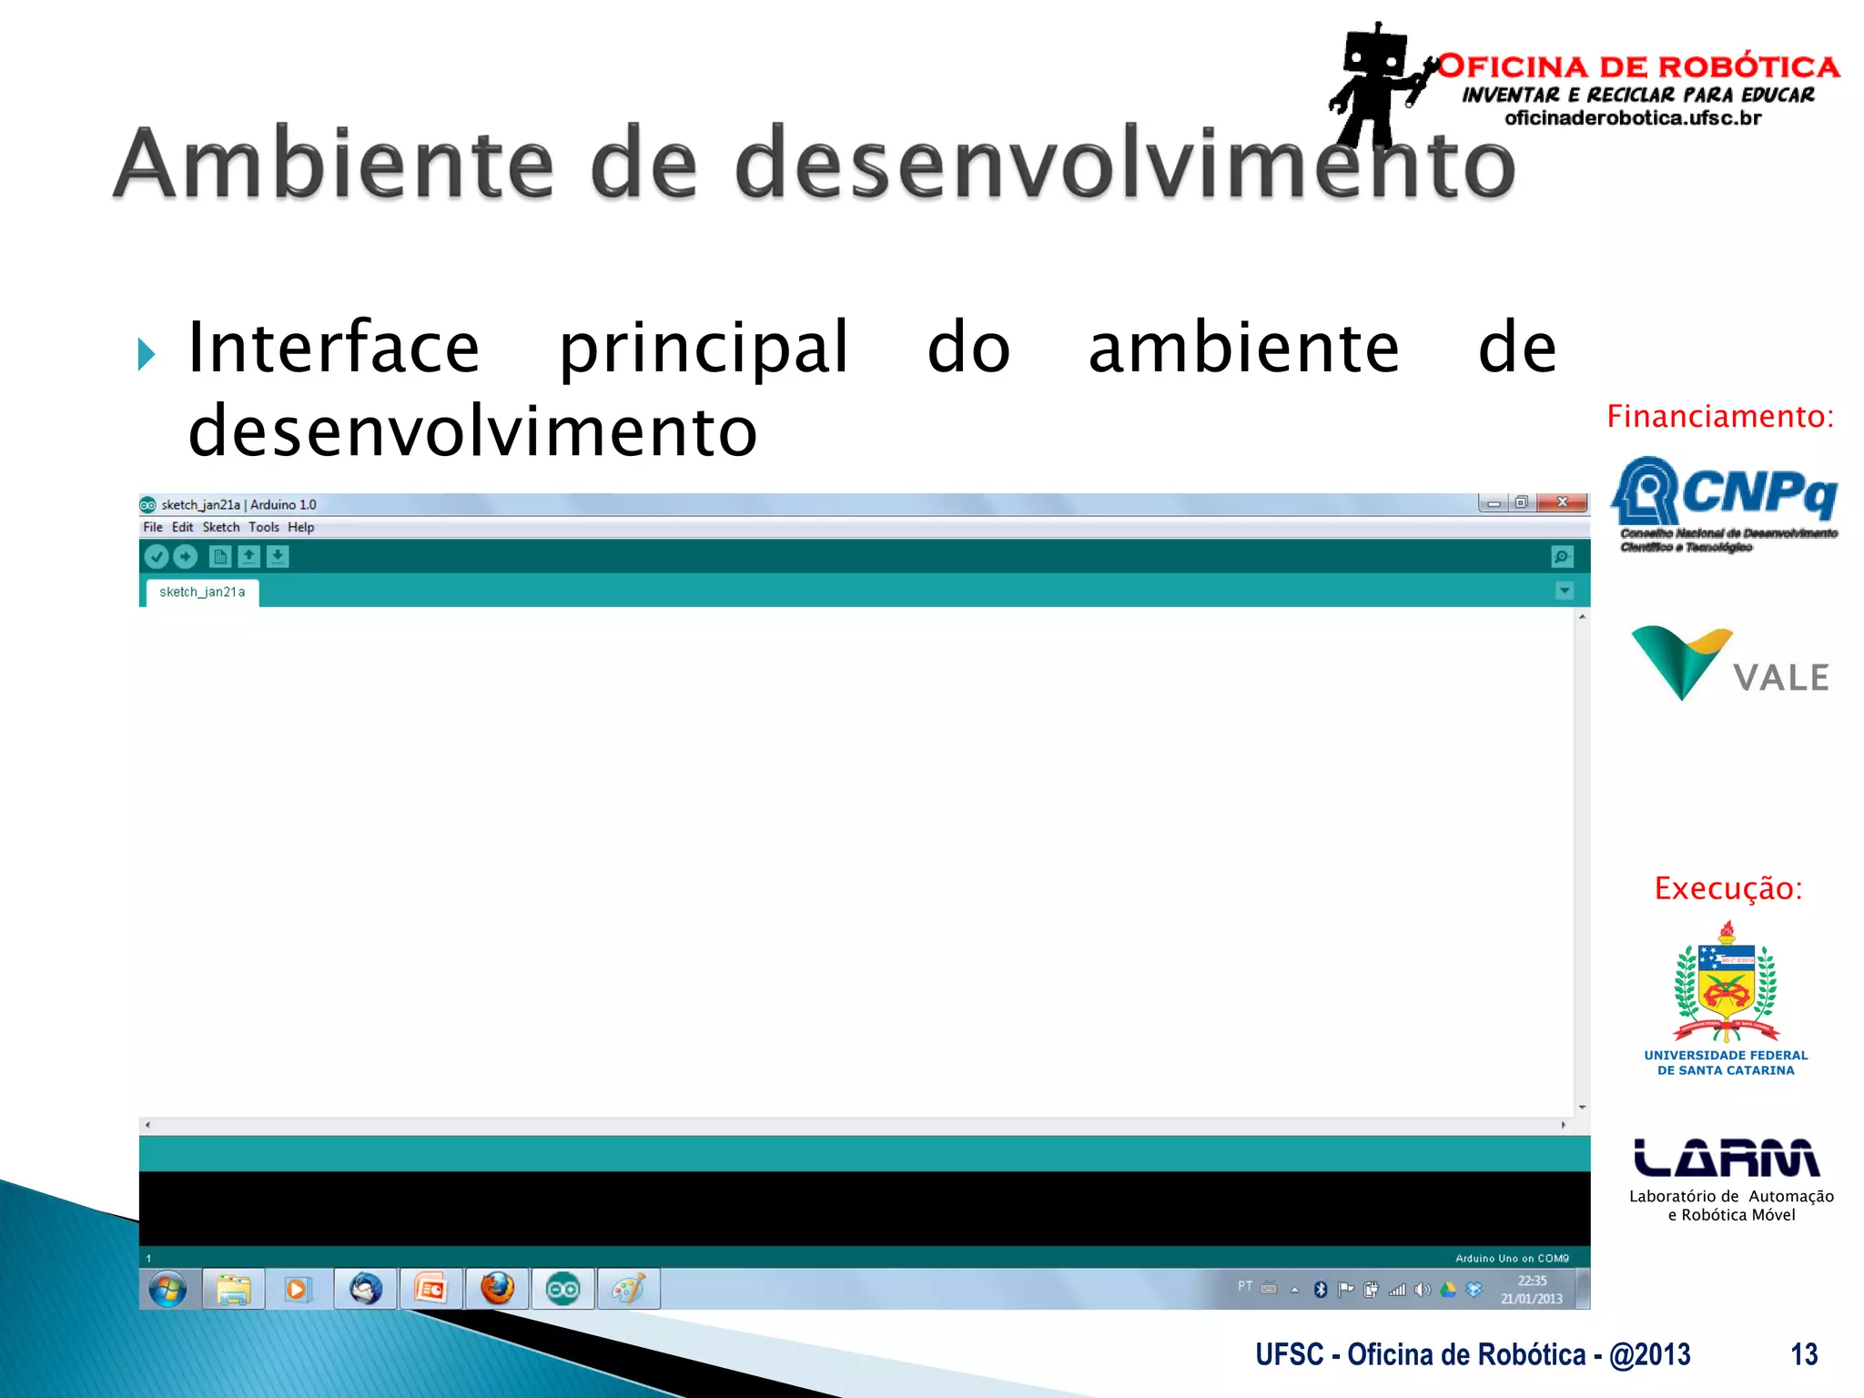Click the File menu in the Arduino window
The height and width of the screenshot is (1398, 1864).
(x=153, y=527)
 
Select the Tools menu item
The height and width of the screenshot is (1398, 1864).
(x=264, y=527)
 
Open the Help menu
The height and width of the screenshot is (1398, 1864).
(x=300, y=527)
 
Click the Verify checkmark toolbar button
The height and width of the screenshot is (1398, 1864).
(x=157, y=556)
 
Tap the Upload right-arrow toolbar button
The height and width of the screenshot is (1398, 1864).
(x=185, y=556)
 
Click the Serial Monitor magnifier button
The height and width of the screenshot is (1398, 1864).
(x=1562, y=556)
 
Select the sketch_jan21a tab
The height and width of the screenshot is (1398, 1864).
(x=202, y=592)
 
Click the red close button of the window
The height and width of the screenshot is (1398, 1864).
(x=1562, y=502)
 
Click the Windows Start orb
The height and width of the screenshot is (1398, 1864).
(x=167, y=1289)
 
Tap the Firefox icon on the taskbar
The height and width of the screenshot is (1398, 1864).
(x=497, y=1289)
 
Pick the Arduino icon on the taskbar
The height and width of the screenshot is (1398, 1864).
(x=562, y=1289)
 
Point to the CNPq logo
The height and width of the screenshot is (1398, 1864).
(x=1725, y=501)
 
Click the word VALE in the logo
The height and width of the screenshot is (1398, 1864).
(x=1780, y=678)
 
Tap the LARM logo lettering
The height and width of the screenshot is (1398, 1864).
(x=1727, y=1158)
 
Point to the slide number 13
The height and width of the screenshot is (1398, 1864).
(x=1804, y=1354)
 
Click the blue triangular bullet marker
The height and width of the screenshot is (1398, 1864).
(x=147, y=354)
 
